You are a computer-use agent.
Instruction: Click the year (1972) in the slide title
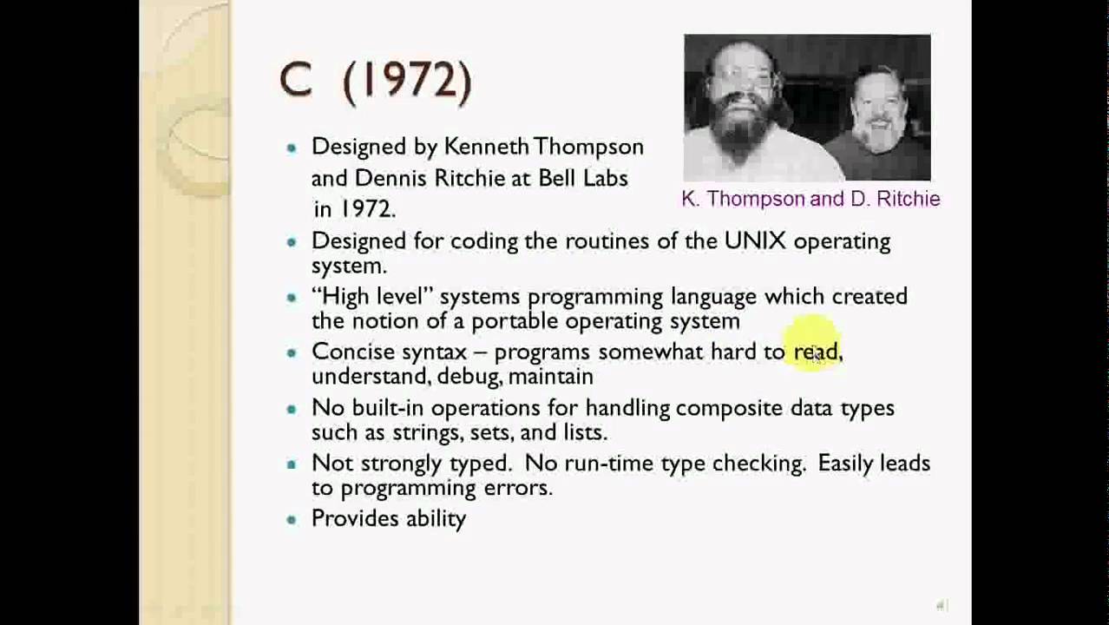point(407,82)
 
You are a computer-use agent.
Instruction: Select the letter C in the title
point(295,82)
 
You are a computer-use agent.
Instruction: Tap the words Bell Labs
point(582,178)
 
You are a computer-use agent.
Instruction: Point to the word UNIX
point(755,240)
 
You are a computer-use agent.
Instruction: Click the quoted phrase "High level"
point(371,296)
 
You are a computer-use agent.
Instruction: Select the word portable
point(515,320)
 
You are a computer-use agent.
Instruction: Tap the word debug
point(467,376)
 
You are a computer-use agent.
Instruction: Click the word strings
point(426,431)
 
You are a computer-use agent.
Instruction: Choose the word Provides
point(352,518)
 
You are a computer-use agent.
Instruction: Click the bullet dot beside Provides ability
point(292,519)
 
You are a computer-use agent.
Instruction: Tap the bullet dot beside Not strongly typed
point(292,464)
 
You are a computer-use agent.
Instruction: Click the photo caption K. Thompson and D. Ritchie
point(810,199)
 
